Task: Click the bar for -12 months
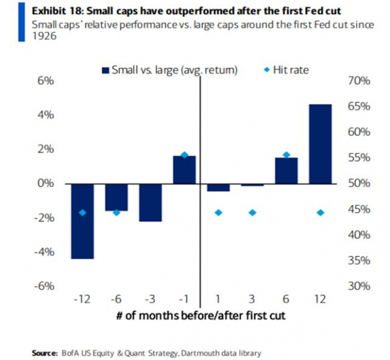pyautogui.click(x=82, y=221)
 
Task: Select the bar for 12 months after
pyautogui.click(x=320, y=144)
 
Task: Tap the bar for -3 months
pyautogui.click(x=150, y=202)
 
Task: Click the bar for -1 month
pyautogui.click(x=184, y=170)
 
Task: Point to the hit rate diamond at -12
pyautogui.click(x=82, y=212)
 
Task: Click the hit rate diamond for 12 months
pyautogui.click(x=320, y=212)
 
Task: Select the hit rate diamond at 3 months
pyautogui.click(x=252, y=212)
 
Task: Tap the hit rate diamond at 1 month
pyautogui.click(x=218, y=212)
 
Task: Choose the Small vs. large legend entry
pyautogui.click(x=168, y=70)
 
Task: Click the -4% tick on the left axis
pyautogui.click(x=45, y=252)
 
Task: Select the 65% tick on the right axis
pyautogui.click(x=360, y=107)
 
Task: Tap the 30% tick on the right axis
pyautogui.click(x=360, y=286)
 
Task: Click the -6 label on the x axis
pyautogui.click(x=116, y=300)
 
